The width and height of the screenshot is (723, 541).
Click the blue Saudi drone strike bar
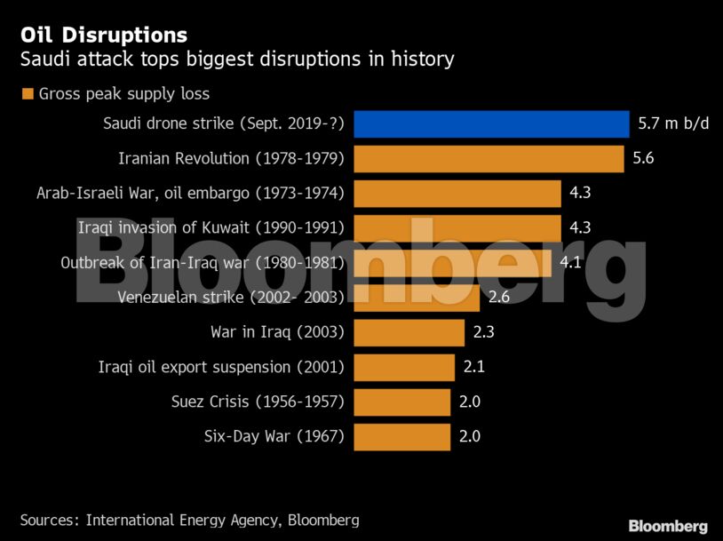point(491,123)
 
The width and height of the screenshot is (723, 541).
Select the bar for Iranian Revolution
point(489,158)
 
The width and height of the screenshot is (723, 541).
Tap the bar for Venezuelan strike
point(417,297)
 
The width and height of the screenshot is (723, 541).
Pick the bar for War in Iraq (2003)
point(409,332)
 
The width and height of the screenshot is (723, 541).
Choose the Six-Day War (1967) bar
point(401,436)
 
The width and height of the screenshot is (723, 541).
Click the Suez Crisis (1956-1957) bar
point(401,402)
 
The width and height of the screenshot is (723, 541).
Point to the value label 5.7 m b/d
point(673,123)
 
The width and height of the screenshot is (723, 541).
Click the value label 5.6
point(643,158)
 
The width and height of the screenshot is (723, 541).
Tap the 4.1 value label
point(570,262)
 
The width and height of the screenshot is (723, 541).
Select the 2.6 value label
point(498,297)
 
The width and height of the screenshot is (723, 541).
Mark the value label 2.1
point(473,367)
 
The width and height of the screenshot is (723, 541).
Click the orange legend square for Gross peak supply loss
point(28,93)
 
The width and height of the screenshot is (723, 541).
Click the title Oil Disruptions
point(104,36)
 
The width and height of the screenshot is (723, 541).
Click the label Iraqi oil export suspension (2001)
point(220,367)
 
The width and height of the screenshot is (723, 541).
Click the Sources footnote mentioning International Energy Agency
point(189,520)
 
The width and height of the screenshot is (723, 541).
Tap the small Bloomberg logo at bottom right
point(668,526)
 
